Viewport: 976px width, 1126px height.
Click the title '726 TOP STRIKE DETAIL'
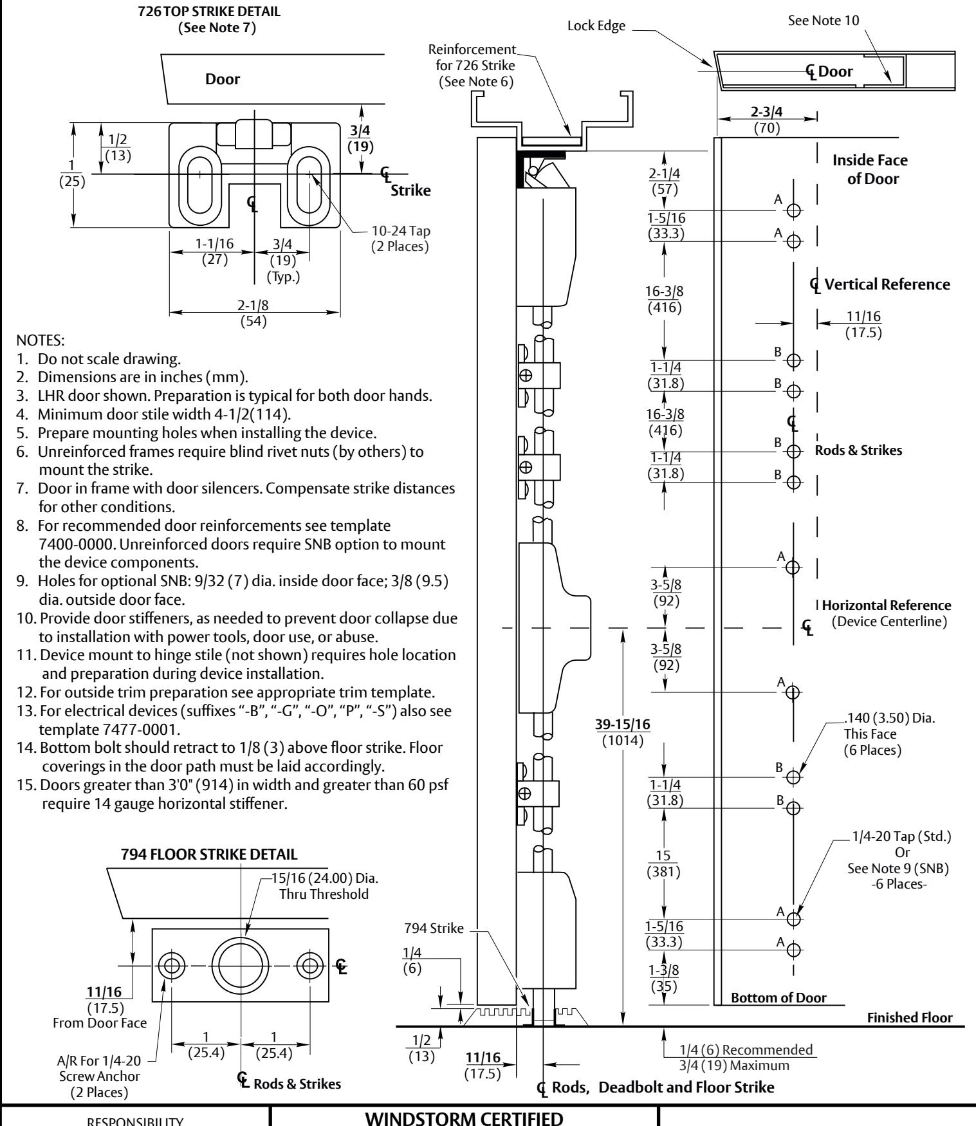[209, 12]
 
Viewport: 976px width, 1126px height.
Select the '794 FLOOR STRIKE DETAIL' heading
[209, 854]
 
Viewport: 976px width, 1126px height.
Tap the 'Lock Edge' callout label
[596, 28]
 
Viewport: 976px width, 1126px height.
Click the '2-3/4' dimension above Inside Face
[767, 112]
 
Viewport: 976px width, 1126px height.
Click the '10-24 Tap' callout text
[400, 232]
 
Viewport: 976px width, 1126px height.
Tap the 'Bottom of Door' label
[778, 998]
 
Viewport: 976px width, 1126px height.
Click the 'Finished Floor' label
[909, 1017]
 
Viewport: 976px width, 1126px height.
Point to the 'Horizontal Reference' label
[887, 605]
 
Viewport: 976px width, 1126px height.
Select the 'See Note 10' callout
[827, 21]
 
